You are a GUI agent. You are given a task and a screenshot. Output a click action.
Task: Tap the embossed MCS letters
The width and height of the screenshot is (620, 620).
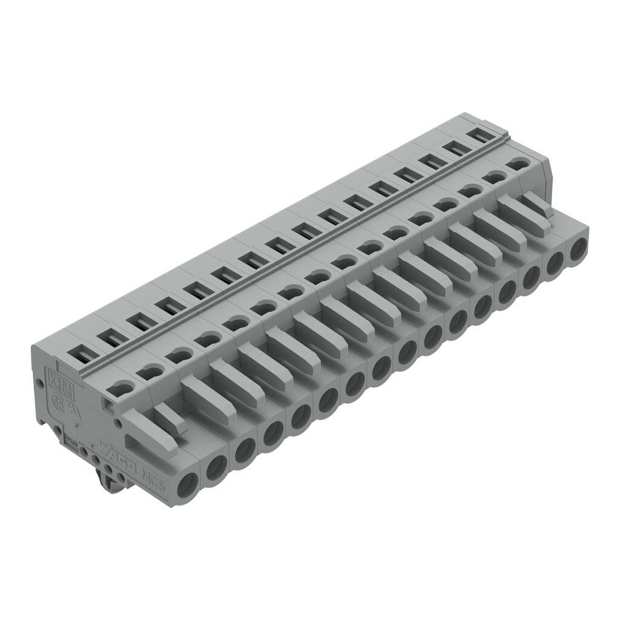pos(151,474)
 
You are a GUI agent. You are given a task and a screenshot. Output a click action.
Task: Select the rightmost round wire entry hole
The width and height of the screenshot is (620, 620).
pos(578,248)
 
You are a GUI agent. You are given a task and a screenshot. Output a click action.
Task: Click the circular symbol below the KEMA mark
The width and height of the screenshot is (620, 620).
pos(61,403)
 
